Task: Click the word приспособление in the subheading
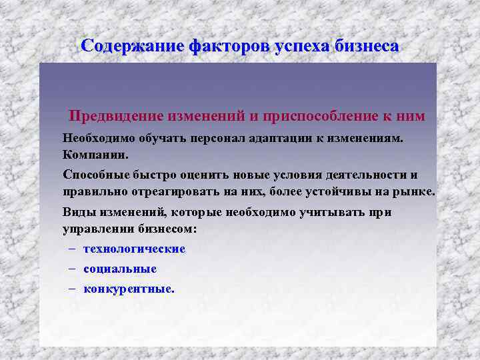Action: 319,116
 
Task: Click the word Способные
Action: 93,175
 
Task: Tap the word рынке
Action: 417,192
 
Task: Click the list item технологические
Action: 134,249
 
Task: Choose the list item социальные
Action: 120,269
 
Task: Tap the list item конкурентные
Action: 129,289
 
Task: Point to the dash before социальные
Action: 71,269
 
